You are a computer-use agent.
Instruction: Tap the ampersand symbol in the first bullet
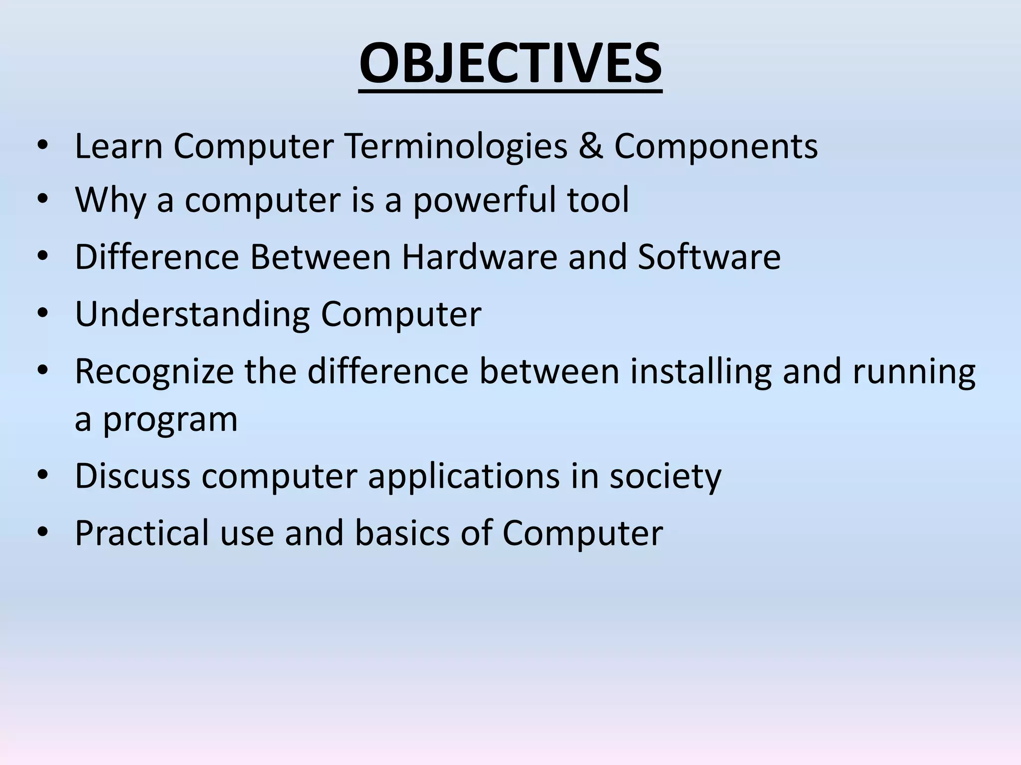tap(591, 146)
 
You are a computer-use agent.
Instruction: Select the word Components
tap(716, 146)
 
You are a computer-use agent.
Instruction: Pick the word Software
tap(709, 257)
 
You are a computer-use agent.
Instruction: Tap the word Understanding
tap(192, 315)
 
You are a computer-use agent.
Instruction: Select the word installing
tap(700, 372)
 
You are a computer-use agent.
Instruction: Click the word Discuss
tap(133, 476)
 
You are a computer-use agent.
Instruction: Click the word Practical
tap(142, 533)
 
